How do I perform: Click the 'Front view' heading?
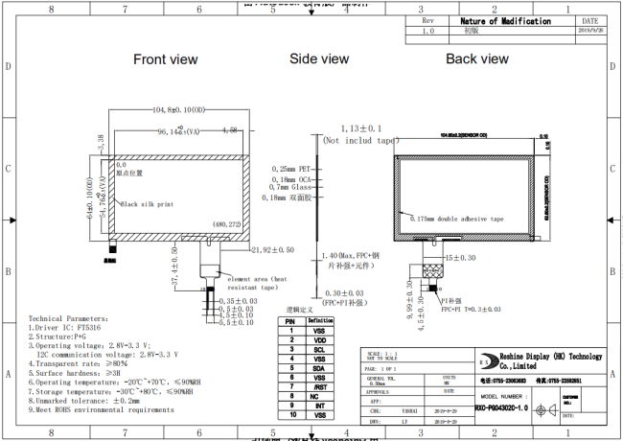click(166, 59)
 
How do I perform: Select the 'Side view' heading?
click(319, 59)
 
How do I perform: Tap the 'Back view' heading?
click(476, 59)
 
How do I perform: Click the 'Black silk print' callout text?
click(148, 203)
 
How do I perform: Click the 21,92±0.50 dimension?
click(272, 250)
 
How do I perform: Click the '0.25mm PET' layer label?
click(292, 168)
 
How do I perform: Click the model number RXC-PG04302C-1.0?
click(501, 406)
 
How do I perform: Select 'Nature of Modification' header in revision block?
click(506, 21)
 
